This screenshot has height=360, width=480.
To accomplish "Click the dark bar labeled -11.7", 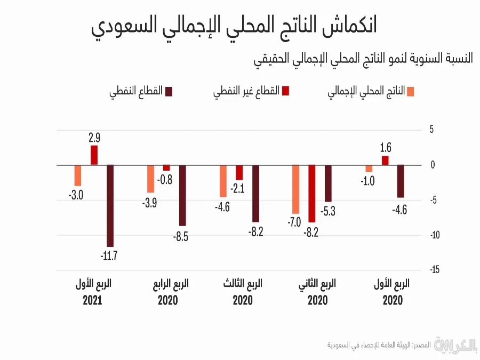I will click(x=111, y=205).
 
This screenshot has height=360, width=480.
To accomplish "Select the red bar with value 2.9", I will click(x=94, y=155).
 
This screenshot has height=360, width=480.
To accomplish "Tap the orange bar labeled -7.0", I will click(x=295, y=189).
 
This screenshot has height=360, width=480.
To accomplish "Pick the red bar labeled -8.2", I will click(x=312, y=194).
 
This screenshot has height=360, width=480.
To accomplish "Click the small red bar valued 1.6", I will click(x=385, y=160).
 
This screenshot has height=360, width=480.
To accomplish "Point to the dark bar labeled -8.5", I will click(x=182, y=195).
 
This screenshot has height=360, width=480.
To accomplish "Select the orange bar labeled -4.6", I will click(x=223, y=181).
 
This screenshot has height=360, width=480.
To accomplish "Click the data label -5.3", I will click(x=328, y=211).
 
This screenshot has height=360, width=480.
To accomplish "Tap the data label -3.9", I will click(x=150, y=203).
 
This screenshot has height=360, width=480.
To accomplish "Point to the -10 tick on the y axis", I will click(x=435, y=235).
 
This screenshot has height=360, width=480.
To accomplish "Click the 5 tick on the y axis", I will click(x=433, y=130).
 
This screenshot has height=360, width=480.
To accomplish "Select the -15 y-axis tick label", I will click(x=435, y=270).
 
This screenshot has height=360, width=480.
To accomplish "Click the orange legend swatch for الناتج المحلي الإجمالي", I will click(x=410, y=92).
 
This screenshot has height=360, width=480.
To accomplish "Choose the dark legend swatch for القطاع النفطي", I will click(x=170, y=92).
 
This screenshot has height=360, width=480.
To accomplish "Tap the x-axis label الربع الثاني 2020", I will click(x=317, y=292).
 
